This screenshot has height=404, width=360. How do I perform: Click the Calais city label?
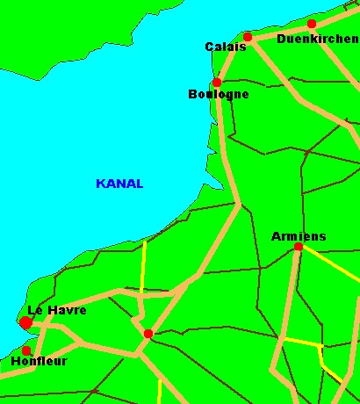(x=226, y=47)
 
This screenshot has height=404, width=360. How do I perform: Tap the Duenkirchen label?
(x=317, y=39)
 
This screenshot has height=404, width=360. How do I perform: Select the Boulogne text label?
(x=219, y=94)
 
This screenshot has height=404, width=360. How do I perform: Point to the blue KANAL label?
(x=119, y=184)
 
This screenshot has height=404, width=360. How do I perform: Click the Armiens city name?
(x=299, y=236)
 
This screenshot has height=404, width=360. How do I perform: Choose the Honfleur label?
(x=38, y=361)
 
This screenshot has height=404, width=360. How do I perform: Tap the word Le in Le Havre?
(x=35, y=310)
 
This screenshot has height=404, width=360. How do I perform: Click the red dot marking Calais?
(x=248, y=37)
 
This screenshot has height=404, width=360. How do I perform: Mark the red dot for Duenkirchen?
(x=312, y=24)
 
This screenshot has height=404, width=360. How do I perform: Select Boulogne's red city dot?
(x=216, y=83)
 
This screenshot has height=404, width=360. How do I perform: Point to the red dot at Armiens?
(x=299, y=247)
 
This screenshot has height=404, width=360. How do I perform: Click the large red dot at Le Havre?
(x=25, y=323)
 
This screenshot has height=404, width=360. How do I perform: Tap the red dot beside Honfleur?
(x=26, y=350)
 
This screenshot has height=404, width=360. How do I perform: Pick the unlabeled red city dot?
(x=148, y=334)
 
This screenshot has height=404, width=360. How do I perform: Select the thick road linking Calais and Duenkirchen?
(x=279, y=31)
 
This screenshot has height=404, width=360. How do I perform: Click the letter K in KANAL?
(x=99, y=184)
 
